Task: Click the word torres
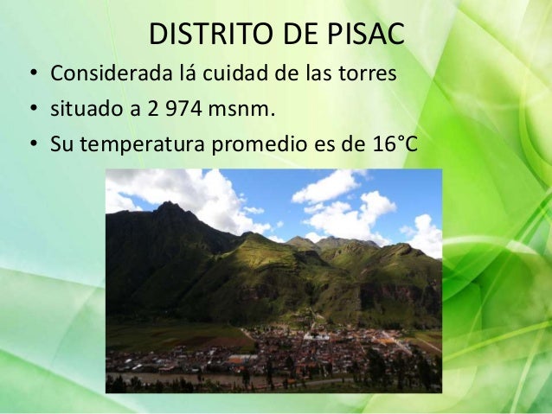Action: coord(369,75)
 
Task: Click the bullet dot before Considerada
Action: coord(33,76)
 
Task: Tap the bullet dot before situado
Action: coord(33,110)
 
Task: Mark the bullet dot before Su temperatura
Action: coord(33,143)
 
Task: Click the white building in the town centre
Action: coord(316,336)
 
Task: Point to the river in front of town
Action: coord(216,379)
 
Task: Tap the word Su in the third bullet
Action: coord(61,143)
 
